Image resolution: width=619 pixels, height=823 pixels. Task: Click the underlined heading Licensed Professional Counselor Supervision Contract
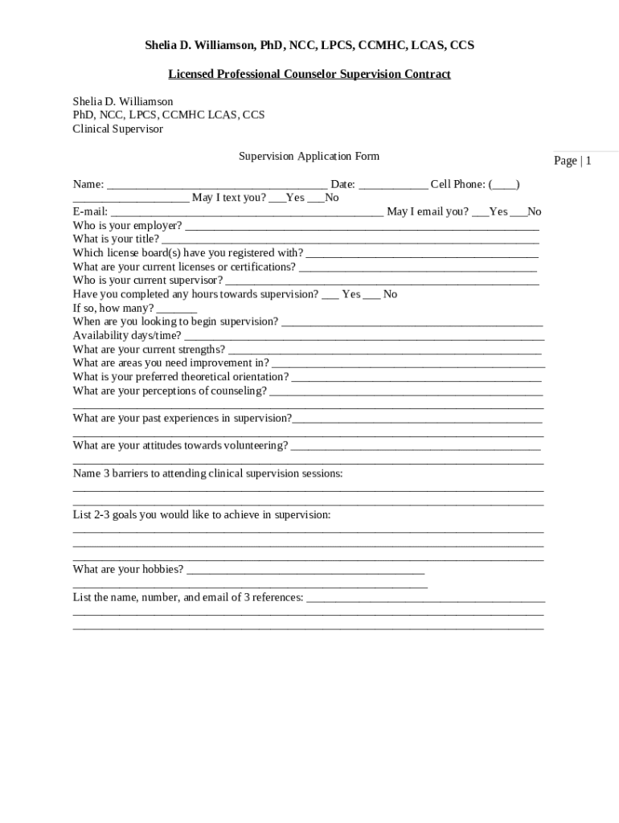[309, 74]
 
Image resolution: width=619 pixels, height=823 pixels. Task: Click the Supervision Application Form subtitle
[309, 156]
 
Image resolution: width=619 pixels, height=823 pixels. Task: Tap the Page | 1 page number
[572, 161]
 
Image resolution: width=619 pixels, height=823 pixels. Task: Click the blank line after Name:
[216, 185]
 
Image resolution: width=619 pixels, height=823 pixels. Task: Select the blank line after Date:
[393, 185]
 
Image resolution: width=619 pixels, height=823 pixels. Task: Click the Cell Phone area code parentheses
[504, 184]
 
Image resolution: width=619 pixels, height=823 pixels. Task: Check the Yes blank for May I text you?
[277, 199]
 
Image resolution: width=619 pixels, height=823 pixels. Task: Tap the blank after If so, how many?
[177, 309]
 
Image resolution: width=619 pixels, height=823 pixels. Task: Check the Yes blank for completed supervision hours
[330, 295]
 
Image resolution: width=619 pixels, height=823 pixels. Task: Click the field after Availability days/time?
[363, 336]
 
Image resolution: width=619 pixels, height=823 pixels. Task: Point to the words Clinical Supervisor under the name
[118, 129]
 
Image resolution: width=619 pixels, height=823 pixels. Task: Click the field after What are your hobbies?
[305, 570]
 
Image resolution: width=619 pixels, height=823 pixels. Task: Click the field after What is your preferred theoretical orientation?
[416, 377]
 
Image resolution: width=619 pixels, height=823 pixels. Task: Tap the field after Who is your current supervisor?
[382, 281]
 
